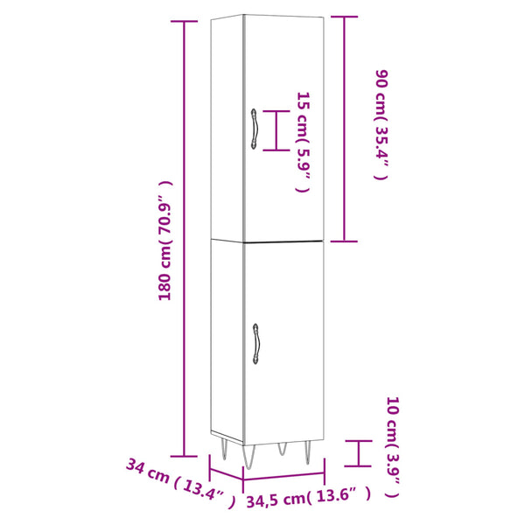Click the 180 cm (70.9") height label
pos(165,241)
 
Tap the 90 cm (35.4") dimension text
pos(381,124)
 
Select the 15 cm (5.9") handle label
pos(303,143)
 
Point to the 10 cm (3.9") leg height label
pos(393,447)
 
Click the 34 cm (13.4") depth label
pos(181,483)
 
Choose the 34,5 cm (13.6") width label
pos(309,496)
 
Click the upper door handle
pos(254,129)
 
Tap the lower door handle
pos(256,344)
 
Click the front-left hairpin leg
pos(248,457)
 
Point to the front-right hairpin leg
pos(308,452)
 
